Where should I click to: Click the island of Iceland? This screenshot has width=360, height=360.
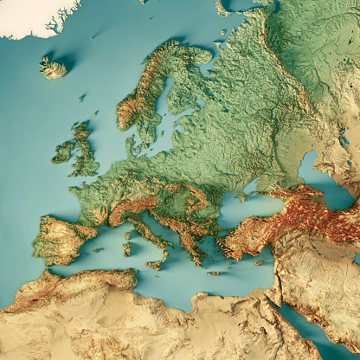click(x=54, y=67)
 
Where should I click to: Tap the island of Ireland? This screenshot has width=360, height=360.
click(x=63, y=153)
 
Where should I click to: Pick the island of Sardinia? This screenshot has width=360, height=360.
click(x=127, y=248)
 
